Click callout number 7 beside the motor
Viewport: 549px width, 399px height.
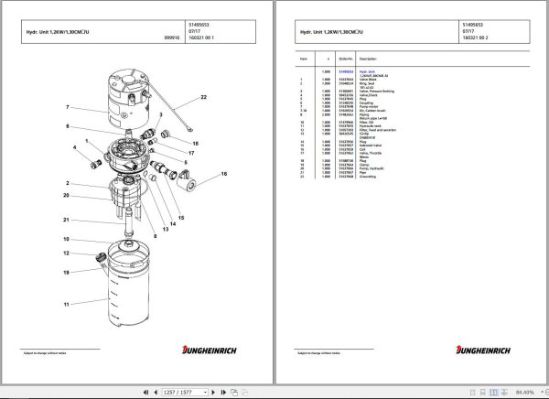point(67,108)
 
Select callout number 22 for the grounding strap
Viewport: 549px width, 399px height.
point(204,97)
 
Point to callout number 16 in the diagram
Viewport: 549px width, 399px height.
point(224,173)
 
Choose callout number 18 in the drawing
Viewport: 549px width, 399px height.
point(195,144)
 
